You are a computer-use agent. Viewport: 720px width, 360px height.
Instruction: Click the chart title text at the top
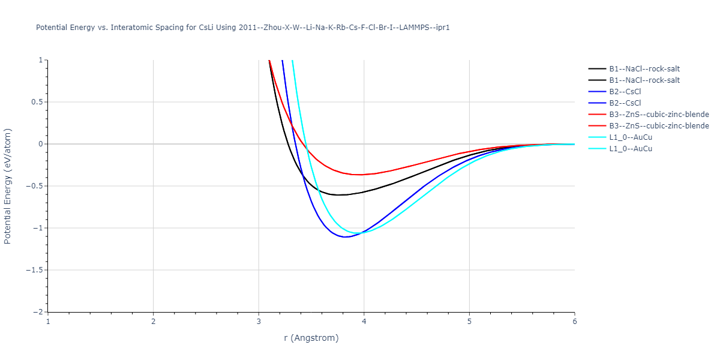(243, 28)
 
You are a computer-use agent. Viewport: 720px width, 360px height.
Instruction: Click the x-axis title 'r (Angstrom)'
(311, 338)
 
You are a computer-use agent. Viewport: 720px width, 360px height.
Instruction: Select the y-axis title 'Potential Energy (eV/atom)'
(8, 186)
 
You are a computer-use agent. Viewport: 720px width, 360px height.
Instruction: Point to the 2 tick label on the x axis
(153, 322)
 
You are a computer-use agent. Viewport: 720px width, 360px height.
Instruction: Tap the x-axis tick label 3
(259, 322)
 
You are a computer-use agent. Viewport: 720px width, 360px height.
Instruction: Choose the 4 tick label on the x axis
(364, 322)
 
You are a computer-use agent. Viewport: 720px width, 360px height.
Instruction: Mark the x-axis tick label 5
(469, 322)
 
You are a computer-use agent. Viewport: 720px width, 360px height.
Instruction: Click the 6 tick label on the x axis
(574, 322)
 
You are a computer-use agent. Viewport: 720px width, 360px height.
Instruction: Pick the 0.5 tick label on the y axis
(37, 102)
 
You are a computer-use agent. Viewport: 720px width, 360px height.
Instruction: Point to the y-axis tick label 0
(41, 144)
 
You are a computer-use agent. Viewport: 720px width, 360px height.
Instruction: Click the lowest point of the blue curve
(346, 237)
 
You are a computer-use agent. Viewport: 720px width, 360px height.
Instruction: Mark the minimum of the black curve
(339, 195)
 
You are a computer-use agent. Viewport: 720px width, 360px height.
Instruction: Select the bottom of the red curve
(358, 175)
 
